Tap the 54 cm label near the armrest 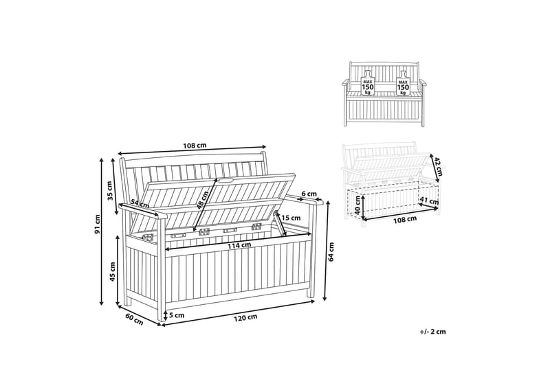tap(140, 204)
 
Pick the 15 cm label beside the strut tap(291, 218)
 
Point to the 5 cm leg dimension tap(177, 315)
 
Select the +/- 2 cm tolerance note tap(432, 331)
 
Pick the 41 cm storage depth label tap(429, 201)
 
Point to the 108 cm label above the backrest tap(195, 146)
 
